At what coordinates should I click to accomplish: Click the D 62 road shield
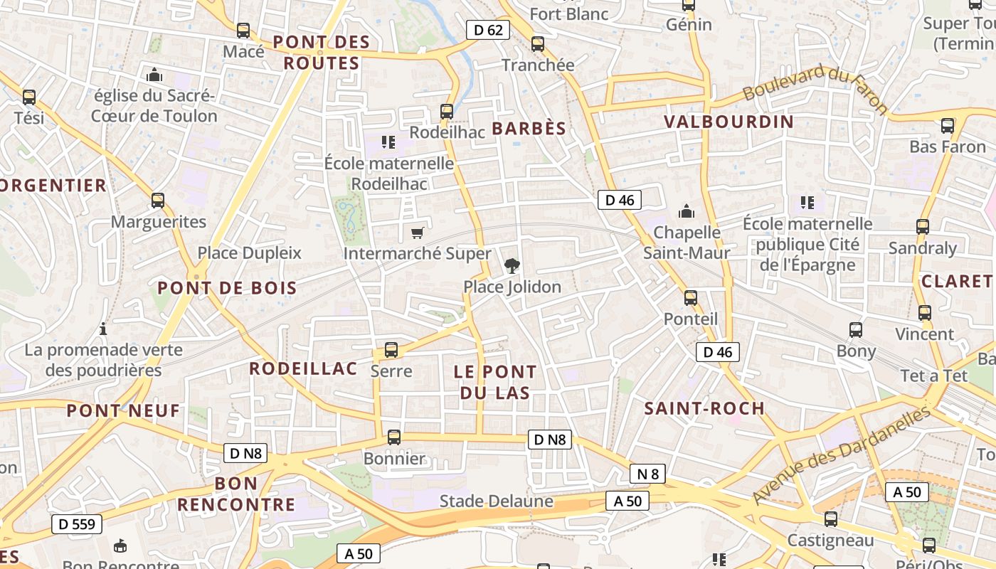(488, 30)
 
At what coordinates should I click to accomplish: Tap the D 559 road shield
(77, 525)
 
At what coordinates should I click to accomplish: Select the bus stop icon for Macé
(243, 31)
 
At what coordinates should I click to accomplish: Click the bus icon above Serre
(391, 350)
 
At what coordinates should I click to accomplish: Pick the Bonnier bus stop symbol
(393, 437)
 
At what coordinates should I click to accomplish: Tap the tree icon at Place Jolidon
(511, 267)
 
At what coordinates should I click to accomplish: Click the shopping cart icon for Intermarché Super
(418, 233)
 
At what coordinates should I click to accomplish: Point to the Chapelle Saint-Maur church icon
(687, 211)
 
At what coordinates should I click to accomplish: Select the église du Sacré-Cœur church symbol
(154, 75)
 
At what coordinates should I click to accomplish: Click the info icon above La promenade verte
(104, 329)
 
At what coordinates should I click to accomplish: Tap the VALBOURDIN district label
(729, 122)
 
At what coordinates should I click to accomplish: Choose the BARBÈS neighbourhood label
(529, 129)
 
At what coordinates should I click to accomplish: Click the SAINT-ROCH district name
(704, 408)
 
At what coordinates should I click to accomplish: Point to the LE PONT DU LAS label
(495, 382)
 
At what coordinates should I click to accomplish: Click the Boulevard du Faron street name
(816, 88)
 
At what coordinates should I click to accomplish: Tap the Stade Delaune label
(496, 501)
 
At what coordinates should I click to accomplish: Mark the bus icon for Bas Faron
(948, 126)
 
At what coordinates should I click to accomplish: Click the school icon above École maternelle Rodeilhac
(388, 142)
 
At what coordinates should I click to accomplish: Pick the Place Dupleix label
(249, 253)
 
